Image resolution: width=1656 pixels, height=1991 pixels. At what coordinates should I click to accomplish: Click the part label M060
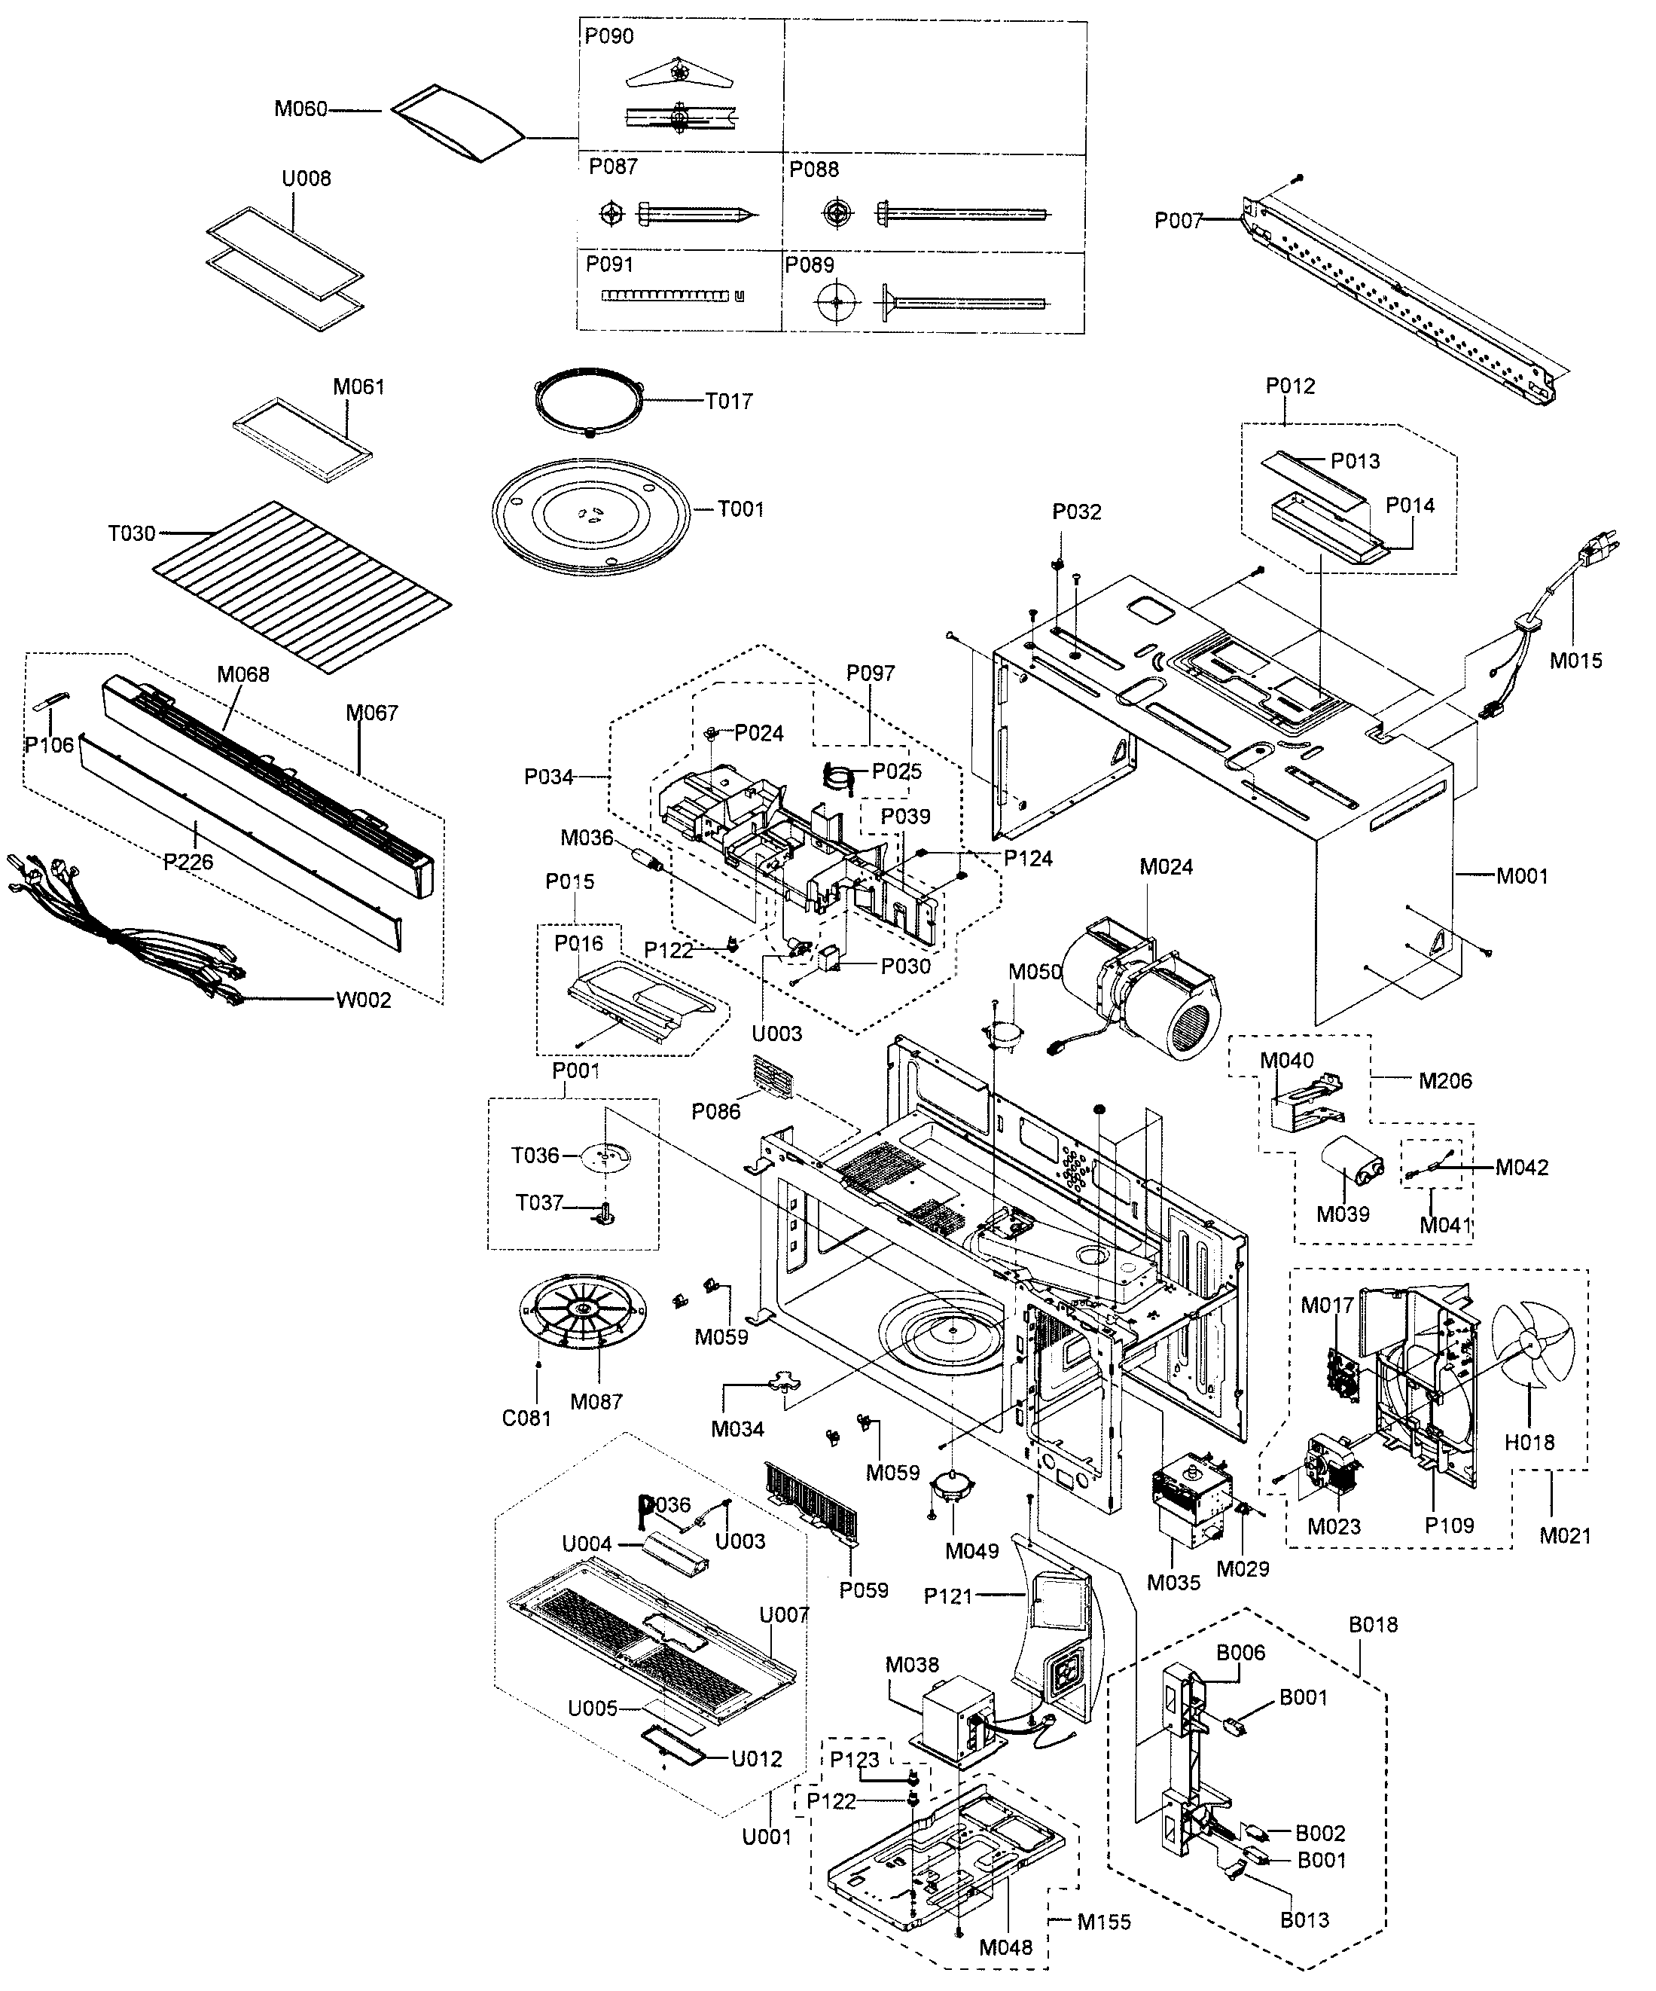tap(300, 109)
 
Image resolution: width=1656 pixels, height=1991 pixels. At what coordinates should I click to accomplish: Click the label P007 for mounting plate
tap(1177, 221)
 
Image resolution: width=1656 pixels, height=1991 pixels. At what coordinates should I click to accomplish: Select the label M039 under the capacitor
tap(1342, 1214)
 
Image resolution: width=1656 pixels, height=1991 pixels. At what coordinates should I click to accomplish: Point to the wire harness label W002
tap(363, 1000)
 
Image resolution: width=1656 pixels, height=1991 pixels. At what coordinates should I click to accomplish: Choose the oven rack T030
tap(301, 587)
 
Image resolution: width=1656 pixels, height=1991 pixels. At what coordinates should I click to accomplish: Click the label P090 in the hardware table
tap(608, 36)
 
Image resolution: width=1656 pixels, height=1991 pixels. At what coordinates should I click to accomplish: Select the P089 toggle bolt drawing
tap(934, 302)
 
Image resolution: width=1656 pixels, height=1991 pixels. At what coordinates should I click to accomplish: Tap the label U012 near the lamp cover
tap(756, 1760)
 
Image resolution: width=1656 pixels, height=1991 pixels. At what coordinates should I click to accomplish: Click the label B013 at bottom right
tap(1304, 1920)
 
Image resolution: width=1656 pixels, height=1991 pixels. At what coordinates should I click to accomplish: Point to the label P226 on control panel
tap(188, 862)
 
